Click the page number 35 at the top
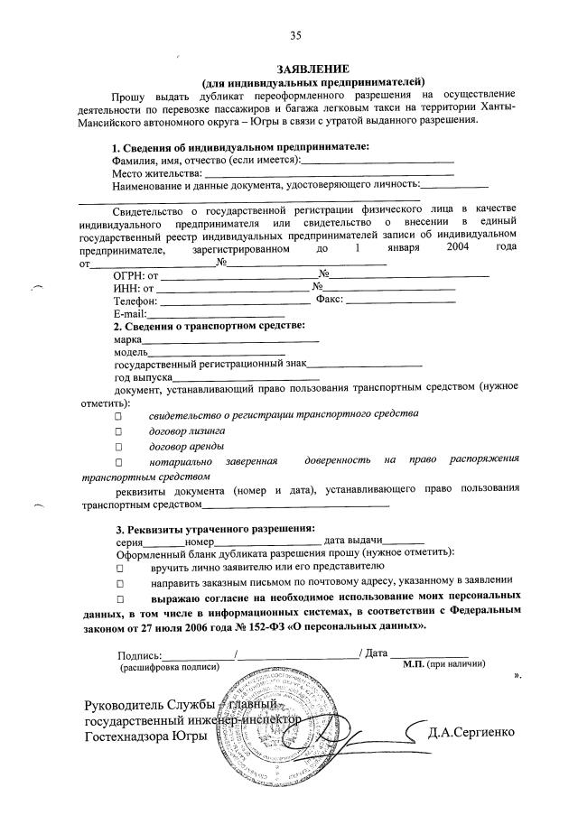pyautogui.click(x=294, y=36)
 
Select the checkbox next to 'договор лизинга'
pyautogui.click(x=117, y=431)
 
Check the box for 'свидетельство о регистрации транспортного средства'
pyautogui.click(x=117, y=416)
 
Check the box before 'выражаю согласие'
pyautogui.click(x=117, y=599)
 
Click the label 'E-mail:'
pyautogui.click(x=131, y=314)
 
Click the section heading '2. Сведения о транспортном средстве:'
pyautogui.click(x=209, y=326)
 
